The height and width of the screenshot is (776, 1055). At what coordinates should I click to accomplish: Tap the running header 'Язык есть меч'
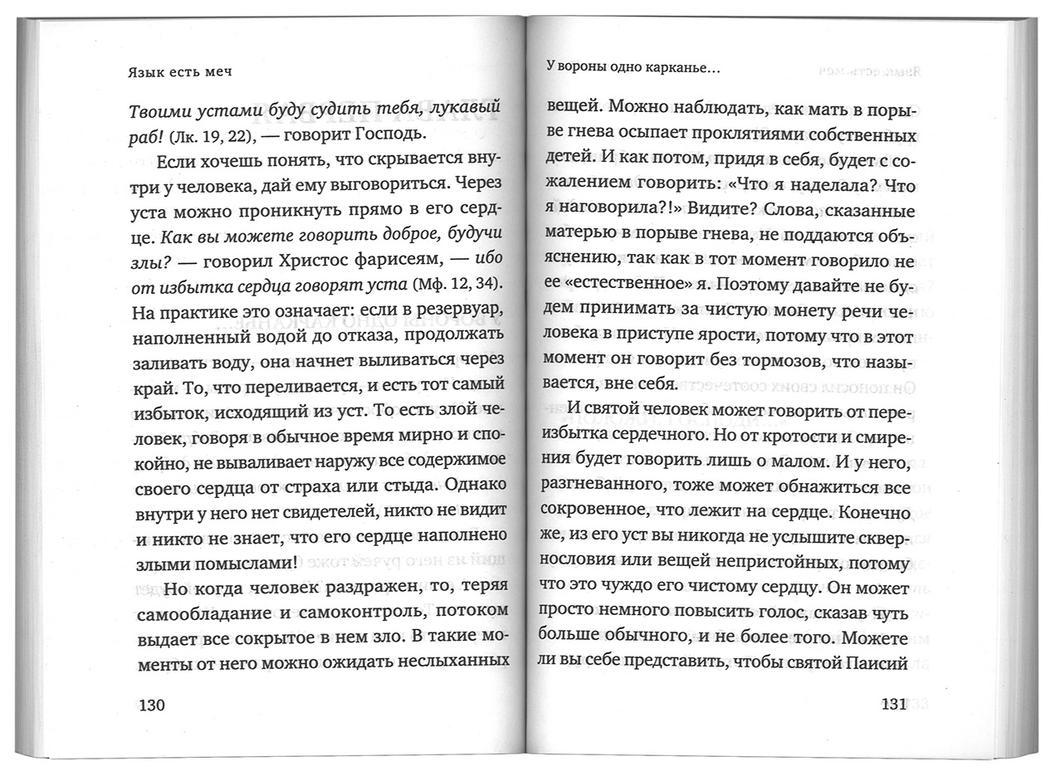[x=179, y=72]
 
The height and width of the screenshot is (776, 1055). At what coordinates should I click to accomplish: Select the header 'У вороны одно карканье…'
[x=633, y=70]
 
